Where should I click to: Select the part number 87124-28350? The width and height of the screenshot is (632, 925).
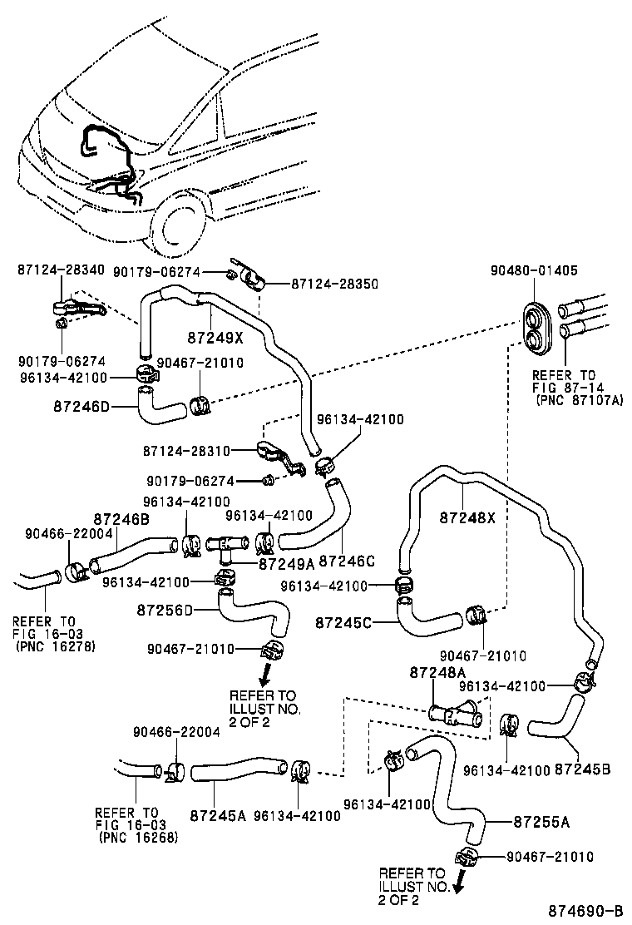tap(334, 284)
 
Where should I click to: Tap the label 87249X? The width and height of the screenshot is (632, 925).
tap(215, 338)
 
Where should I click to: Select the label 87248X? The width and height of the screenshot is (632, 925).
tap(467, 517)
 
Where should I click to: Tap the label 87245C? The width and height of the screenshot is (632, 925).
tap(343, 621)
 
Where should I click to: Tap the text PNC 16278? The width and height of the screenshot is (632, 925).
tap(56, 646)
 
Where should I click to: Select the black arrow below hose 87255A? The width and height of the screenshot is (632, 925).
tap(456, 888)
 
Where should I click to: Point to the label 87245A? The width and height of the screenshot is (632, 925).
tap(218, 816)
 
